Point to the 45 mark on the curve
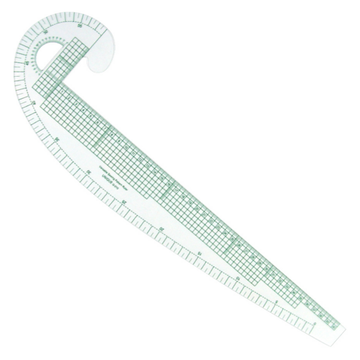pos(28,63)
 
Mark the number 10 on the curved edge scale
pos(237,278)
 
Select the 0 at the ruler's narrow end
pos(314,323)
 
